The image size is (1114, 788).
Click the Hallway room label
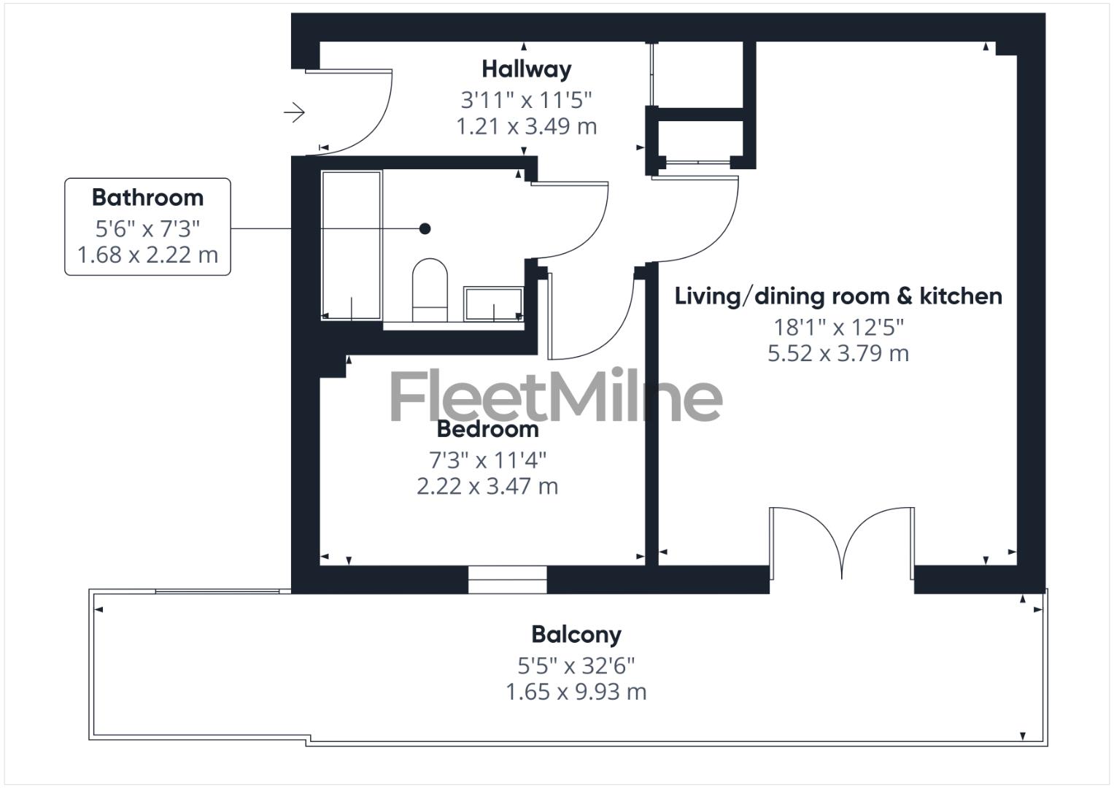point(526,69)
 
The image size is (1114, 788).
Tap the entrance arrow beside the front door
point(294,112)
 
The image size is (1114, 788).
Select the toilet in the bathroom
point(430,290)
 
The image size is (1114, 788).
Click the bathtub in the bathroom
point(352,245)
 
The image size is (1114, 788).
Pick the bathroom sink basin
point(494,304)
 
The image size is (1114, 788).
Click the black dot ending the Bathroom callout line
point(425,229)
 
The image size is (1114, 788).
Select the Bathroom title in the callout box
point(147,198)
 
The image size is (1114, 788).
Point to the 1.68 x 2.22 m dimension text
point(147,255)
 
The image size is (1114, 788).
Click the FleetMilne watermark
point(556,397)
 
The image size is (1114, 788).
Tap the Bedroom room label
point(487,429)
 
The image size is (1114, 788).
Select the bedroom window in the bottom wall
point(507,579)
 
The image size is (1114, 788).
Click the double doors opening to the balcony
point(841,542)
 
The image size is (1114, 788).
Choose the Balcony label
point(576,635)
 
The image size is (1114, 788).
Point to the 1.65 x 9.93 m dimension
point(576,692)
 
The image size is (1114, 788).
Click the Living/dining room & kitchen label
point(838,296)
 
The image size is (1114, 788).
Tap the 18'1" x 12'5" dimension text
point(838,328)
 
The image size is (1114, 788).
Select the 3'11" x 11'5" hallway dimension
point(526,98)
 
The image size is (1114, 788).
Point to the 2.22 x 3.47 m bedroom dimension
point(487,486)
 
